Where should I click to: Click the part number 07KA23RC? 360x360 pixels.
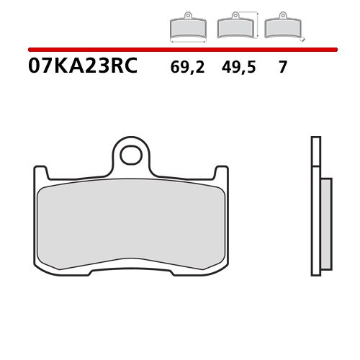click(82, 68)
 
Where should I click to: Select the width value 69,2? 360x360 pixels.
click(187, 68)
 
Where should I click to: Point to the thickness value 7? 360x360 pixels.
click(282, 68)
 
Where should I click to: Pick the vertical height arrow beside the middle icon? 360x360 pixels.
click(257, 23)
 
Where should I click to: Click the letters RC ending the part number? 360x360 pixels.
click(124, 68)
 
